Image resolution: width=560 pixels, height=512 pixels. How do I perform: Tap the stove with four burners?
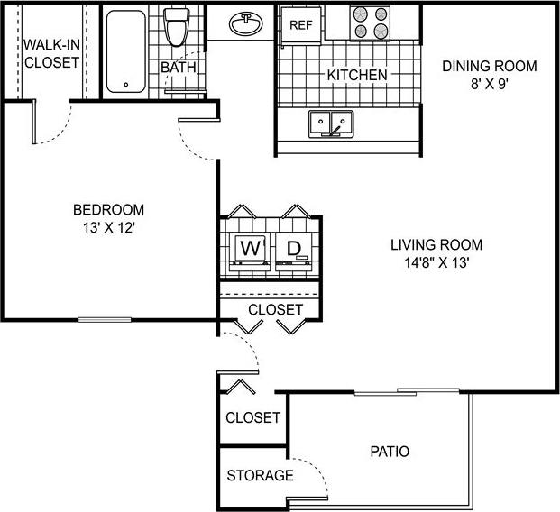point(370,23)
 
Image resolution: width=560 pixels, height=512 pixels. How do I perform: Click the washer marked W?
point(248,247)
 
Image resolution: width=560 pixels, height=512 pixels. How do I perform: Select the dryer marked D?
point(293,247)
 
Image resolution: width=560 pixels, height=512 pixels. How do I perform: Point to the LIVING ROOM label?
point(436,244)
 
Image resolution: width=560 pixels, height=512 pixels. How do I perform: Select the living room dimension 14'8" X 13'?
point(436,262)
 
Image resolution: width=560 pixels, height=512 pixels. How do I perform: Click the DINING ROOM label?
point(490,66)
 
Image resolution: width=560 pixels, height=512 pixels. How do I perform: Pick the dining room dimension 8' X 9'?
point(490,84)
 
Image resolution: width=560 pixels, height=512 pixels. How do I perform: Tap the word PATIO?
point(390,451)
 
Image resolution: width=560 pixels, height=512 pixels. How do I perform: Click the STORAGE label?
point(259,475)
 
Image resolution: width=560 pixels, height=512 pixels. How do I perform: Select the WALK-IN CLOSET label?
point(50,53)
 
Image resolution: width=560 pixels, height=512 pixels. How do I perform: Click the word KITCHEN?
point(357,75)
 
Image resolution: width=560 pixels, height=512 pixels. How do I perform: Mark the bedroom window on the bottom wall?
point(107,319)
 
